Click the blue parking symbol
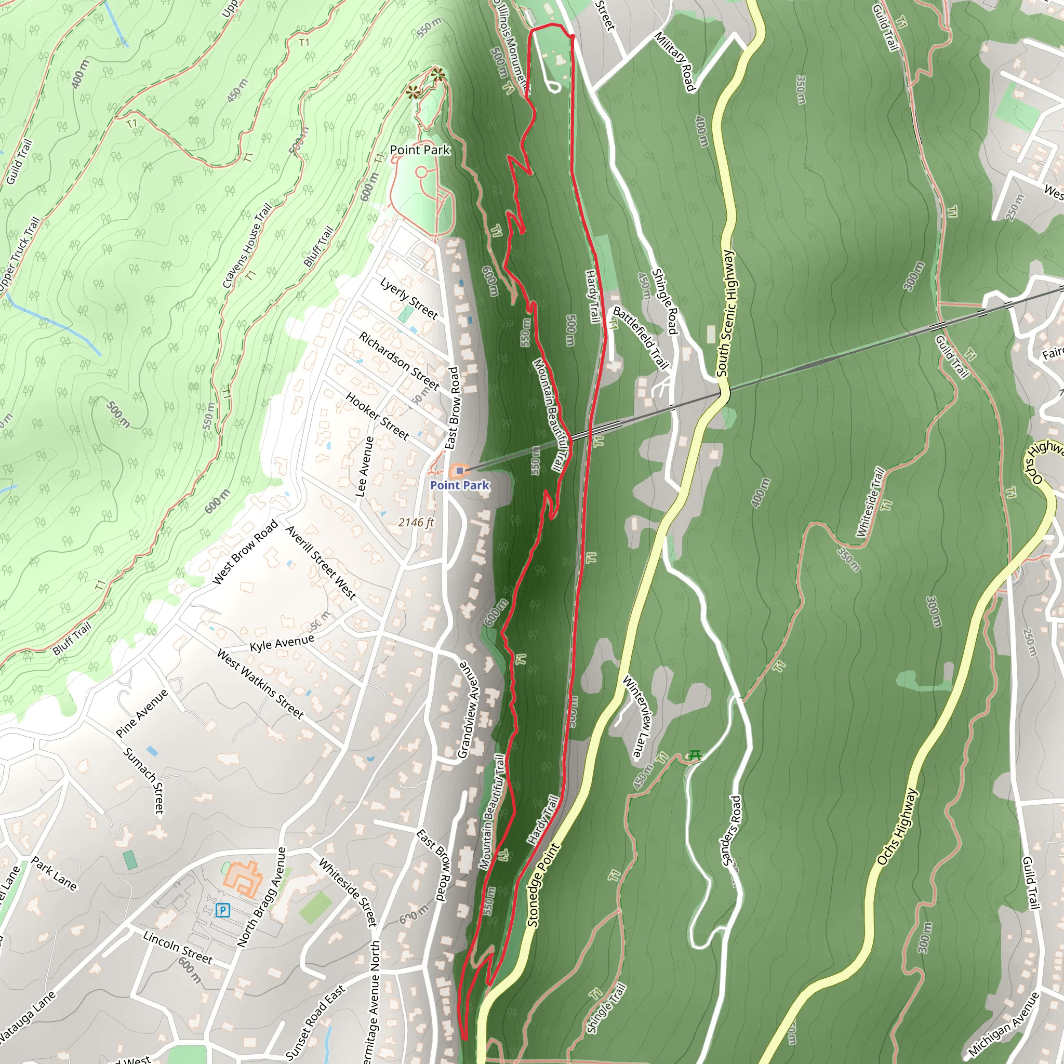(222, 910)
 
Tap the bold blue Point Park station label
(459, 485)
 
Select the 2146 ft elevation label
(416, 522)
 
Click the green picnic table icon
(695, 755)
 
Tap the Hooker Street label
(378, 416)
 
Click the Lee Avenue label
(365, 467)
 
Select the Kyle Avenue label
(282, 643)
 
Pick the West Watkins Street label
(260, 684)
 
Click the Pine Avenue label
(142, 713)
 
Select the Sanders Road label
(732, 831)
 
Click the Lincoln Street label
(177, 947)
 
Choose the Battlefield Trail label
(641, 338)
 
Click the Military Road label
(675, 61)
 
